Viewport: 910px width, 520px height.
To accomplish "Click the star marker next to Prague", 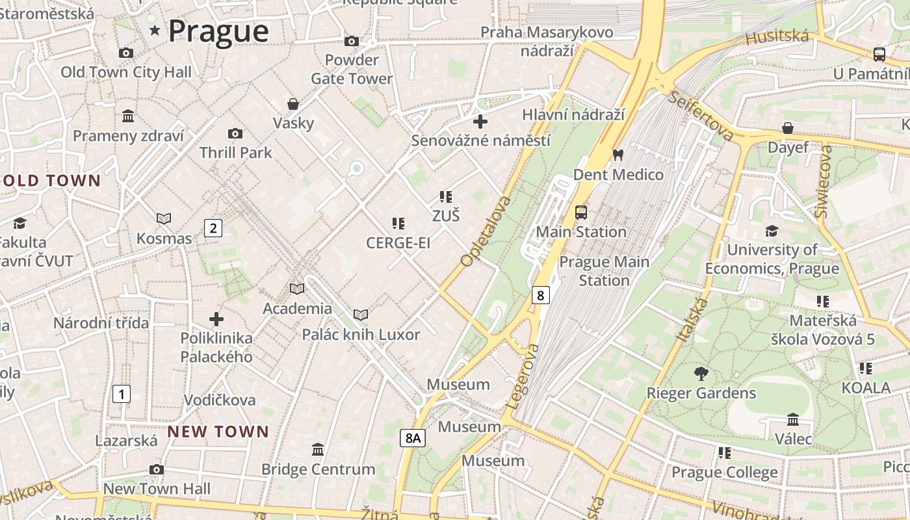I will click(x=155, y=31).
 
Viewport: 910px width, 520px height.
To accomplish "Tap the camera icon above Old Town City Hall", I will click(x=126, y=53).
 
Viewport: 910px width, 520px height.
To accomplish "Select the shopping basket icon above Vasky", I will click(x=293, y=104).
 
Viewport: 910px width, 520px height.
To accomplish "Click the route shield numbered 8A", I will click(x=413, y=438).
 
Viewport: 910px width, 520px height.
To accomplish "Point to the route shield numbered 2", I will click(x=213, y=228).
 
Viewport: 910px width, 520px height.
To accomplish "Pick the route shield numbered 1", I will click(x=121, y=394).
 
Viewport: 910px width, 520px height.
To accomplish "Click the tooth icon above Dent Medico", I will click(x=618, y=155).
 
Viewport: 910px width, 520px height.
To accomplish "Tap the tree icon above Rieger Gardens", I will click(x=701, y=374).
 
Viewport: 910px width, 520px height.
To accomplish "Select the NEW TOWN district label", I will click(x=218, y=432).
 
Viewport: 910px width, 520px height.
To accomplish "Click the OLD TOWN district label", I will click(x=52, y=181).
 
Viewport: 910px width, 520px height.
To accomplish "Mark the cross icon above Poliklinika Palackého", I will click(x=216, y=319).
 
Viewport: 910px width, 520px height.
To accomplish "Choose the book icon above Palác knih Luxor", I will click(x=361, y=315).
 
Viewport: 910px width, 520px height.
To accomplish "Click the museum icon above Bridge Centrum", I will click(x=318, y=450).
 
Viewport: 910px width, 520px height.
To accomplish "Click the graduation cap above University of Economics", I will click(x=772, y=231).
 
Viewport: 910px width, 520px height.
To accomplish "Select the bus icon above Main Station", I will click(x=581, y=213).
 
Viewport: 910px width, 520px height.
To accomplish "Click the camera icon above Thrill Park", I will click(x=235, y=134).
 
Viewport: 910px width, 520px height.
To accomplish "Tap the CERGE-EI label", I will click(x=398, y=243).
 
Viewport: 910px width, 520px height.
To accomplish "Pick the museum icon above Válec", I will click(x=793, y=420).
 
